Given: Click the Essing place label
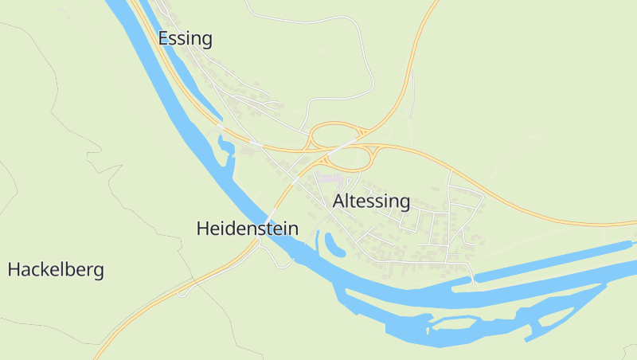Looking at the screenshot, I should (185, 39).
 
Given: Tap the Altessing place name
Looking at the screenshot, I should (371, 202).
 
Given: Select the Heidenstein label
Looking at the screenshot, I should (247, 229).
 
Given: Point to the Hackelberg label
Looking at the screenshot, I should (56, 270).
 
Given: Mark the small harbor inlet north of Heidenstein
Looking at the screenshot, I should (225, 146).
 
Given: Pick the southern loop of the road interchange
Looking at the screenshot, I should (351, 158).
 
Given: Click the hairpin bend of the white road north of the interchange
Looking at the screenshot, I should (371, 80).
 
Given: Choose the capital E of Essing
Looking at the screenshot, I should (163, 38).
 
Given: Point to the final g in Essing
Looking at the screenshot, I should (206, 41).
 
